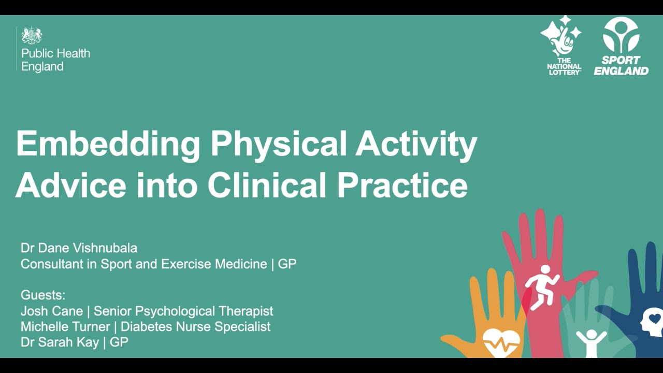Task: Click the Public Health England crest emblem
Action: (x=32, y=36)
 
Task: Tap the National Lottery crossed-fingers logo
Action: (x=561, y=37)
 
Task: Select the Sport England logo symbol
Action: (x=621, y=35)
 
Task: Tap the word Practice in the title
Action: (x=402, y=185)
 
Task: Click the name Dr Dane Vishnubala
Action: (x=79, y=248)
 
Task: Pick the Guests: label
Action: (x=43, y=295)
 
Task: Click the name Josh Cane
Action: (x=52, y=311)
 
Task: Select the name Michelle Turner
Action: (x=65, y=326)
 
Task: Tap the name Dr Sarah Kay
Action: (x=60, y=342)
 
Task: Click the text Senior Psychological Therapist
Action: (x=183, y=311)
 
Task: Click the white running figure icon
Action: (x=542, y=286)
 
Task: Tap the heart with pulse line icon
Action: (x=501, y=342)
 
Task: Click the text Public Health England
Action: (x=55, y=60)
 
